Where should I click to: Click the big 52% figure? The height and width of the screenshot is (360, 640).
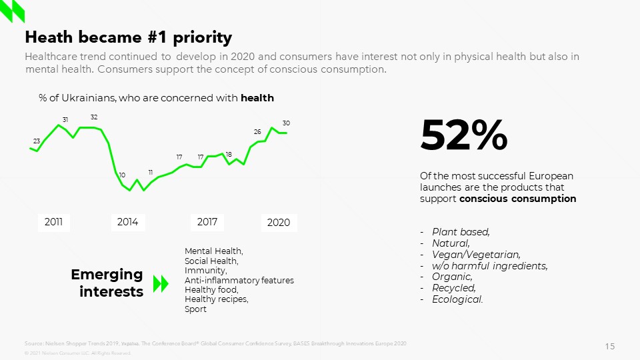click(463, 135)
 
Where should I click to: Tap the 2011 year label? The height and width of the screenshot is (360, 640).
click(53, 222)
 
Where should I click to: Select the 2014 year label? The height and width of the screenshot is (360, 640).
click(127, 222)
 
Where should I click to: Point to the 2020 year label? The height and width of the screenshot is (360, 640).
click(279, 223)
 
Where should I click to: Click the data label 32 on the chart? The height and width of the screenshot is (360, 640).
click(94, 117)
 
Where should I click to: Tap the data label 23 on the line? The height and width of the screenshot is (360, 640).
click(37, 141)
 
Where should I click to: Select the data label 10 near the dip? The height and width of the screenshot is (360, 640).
click(122, 175)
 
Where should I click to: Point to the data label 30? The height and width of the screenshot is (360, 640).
click(286, 123)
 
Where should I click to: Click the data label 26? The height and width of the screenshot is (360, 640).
click(257, 132)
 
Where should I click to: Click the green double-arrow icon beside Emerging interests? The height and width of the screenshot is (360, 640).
click(161, 284)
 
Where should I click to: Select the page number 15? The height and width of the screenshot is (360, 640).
click(610, 346)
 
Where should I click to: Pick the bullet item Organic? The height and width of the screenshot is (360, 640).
click(452, 277)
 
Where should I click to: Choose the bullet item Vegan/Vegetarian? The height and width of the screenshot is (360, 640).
click(476, 254)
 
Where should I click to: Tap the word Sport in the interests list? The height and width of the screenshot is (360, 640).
click(195, 309)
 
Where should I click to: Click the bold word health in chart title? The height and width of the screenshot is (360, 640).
click(257, 98)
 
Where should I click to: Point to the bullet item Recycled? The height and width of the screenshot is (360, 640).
click(454, 288)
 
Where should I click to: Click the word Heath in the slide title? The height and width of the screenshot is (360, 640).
click(49, 37)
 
